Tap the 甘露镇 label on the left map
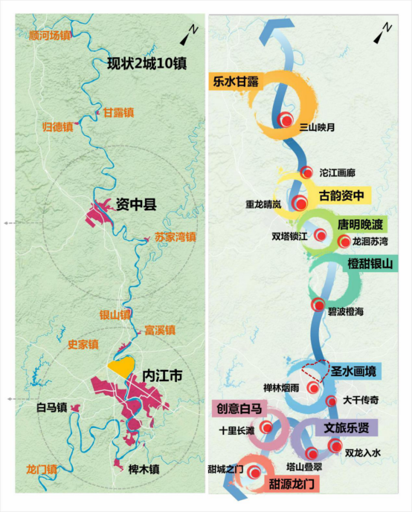coord(119,113)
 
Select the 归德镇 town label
coord(57,126)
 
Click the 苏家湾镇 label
coord(176,238)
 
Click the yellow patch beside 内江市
coord(121,365)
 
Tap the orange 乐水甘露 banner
coord(235,82)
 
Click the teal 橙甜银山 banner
coord(370,263)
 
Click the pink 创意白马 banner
coord(239,408)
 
